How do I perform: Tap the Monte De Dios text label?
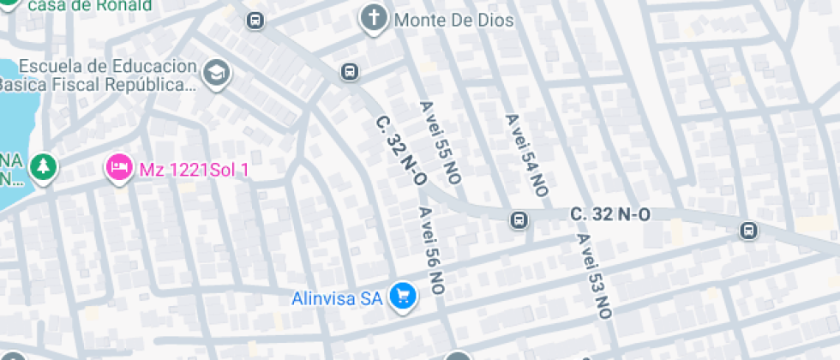[454, 21]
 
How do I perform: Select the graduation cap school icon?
[218, 74]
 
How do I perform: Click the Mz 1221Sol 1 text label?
[194, 170]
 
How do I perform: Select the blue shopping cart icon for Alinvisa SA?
[402, 297]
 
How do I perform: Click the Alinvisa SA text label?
[336, 299]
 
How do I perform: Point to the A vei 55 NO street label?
[440, 141]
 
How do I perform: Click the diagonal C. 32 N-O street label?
[401, 150]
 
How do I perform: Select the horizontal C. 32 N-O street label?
[609, 214]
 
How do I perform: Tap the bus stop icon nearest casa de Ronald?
[255, 20]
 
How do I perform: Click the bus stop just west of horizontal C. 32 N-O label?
[519, 220]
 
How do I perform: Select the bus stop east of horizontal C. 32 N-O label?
[748, 230]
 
